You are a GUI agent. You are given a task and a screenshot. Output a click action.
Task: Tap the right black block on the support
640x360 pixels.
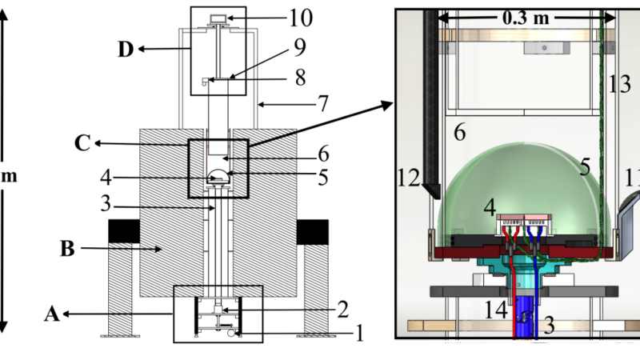312,230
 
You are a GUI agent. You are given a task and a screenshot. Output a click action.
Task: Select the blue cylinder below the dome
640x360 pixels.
524,316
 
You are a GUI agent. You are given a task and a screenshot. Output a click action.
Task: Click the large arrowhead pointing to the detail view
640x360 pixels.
388,106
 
